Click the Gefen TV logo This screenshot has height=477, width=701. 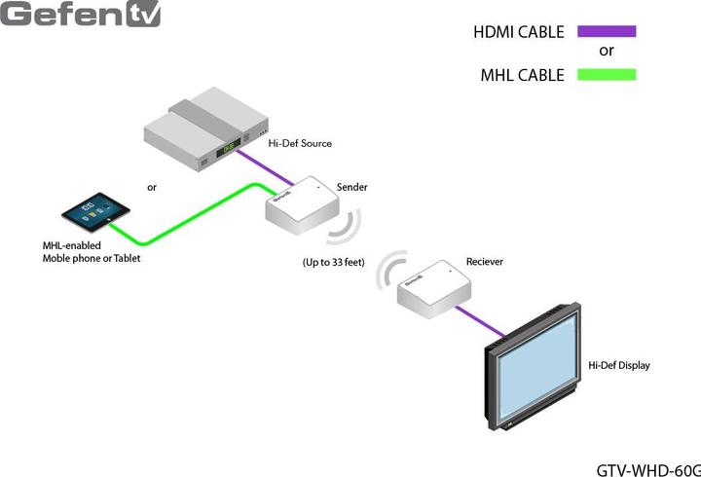pos(80,14)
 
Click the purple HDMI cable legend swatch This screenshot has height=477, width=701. pos(606,31)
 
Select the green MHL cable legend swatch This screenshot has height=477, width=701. pos(606,74)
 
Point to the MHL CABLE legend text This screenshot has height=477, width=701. pos(522,75)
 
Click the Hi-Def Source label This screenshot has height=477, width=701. pos(300,143)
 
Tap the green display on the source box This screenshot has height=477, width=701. pos(228,149)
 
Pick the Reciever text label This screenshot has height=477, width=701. pos(485,262)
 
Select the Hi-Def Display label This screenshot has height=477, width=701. pos(618,366)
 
